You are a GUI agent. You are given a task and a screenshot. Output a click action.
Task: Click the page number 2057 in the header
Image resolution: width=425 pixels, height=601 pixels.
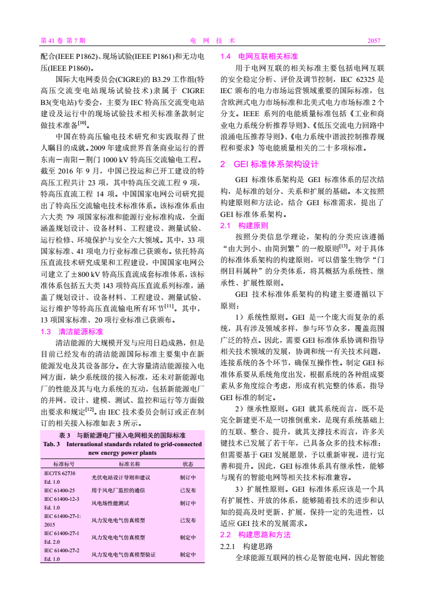click(374, 41)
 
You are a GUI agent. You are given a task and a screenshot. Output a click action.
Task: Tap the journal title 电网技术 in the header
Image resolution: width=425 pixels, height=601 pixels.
click(213, 41)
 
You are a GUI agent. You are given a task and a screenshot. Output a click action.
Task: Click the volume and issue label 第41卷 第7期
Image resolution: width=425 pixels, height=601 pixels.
click(63, 41)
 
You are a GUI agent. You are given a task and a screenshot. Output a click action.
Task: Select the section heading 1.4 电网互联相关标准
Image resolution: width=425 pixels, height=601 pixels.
click(259, 56)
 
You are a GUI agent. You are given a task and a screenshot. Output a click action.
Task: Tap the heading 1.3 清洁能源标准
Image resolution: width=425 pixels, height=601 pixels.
click(72, 332)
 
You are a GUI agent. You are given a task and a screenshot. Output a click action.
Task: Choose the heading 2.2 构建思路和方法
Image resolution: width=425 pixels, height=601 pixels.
click(256, 535)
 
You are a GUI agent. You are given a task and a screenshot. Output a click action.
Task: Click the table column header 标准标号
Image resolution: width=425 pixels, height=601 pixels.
click(63, 464)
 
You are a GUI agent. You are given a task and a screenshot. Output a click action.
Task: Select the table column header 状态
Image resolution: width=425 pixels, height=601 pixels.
click(188, 464)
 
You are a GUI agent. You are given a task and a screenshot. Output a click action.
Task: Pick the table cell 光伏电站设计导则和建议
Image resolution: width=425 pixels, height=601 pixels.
click(121, 477)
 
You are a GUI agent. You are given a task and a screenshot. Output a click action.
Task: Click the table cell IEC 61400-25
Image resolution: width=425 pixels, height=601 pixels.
click(59, 490)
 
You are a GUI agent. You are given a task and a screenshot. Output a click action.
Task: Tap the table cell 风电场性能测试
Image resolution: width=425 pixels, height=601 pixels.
click(110, 503)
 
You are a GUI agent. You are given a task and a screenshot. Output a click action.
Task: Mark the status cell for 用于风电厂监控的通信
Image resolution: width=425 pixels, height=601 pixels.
click(188, 490)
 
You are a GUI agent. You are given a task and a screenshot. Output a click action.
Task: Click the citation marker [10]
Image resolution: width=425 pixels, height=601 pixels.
click(82, 123)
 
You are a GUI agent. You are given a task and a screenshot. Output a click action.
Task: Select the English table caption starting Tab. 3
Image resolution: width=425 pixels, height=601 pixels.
click(123, 448)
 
